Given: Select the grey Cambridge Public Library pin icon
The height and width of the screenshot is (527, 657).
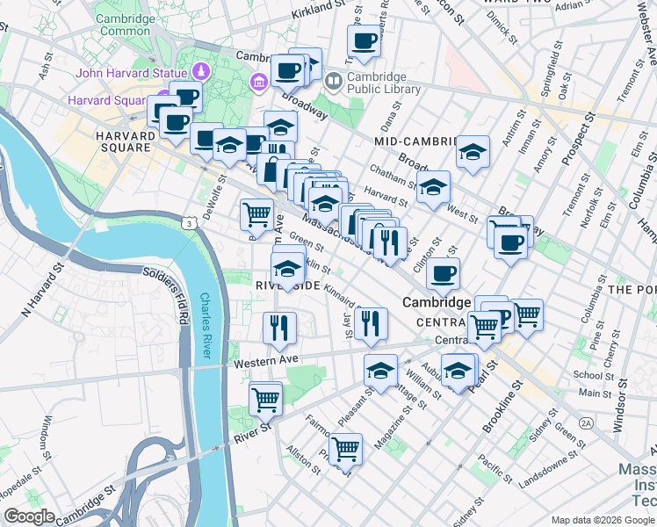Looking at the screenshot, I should (334, 82).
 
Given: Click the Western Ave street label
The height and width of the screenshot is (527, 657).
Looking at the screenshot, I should (266, 359).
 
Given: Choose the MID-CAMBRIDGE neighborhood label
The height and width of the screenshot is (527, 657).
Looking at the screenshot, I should (417, 141).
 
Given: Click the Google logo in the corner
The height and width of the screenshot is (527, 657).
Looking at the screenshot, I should (29, 516).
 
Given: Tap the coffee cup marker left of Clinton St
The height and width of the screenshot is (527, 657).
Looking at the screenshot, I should (444, 273).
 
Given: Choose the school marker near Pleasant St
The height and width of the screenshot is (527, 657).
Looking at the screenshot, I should (380, 371).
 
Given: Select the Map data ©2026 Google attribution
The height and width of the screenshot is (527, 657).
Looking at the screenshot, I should (603, 519).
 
